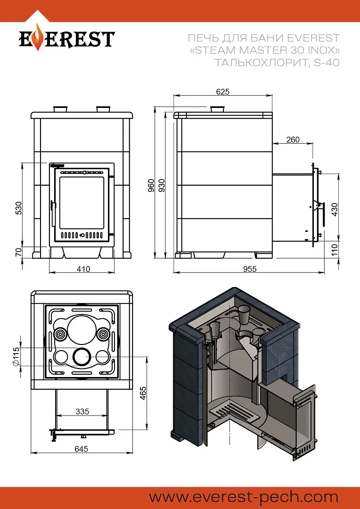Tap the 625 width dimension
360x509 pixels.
click(223, 92)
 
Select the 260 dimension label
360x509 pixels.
click(293, 140)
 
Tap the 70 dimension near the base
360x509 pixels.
click(18, 252)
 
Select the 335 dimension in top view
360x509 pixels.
click(82, 411)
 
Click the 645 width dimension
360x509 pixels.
click(81, 449)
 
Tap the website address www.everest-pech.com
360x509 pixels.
click(244, 497)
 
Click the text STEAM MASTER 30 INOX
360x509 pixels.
click(264, 50)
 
